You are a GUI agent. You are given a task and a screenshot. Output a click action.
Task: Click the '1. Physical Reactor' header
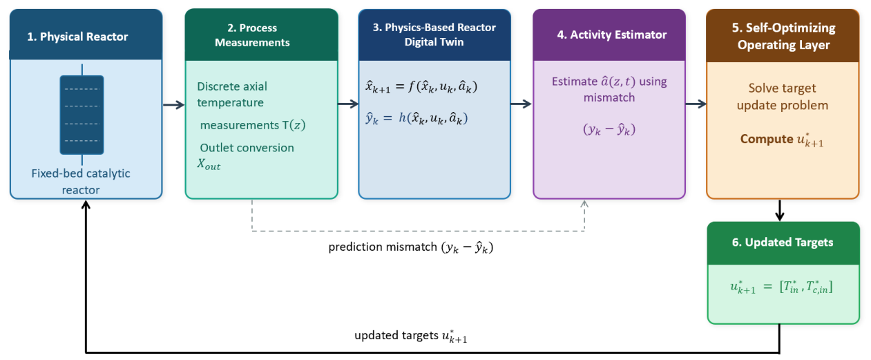click(x=77, y=37)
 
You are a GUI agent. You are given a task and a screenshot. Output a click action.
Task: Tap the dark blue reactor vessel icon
click(x=82, y=115)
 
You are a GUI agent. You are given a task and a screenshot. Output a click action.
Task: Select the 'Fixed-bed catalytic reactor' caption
click(x=81, y=181)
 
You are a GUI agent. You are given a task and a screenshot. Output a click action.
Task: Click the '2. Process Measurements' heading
click(x=252, y=35)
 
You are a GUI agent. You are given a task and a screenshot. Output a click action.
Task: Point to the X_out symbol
click(x=209, y=164)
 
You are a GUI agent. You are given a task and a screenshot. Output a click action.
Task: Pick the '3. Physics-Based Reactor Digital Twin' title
click(x=434, y=35)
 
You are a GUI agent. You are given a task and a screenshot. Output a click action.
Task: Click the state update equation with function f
click(x=421, y=86)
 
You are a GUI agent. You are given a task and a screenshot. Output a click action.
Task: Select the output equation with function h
click(x=417, y=118)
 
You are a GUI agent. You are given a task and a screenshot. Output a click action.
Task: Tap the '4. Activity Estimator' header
click(x=612, y=35)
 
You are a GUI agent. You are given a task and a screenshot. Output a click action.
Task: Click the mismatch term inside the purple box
click(x=609, y=129)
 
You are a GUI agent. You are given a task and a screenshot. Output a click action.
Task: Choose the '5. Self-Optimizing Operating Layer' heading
click(x=783, y=36)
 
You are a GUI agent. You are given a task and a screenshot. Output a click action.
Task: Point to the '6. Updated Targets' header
click(x=783, y=242)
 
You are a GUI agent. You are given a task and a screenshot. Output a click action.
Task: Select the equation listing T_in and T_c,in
click(x=782, y=287)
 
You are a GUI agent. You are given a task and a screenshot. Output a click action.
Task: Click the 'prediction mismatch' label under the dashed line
click(x=383, y=247)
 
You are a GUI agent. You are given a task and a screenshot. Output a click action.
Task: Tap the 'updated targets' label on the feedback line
click(x=396, y=335)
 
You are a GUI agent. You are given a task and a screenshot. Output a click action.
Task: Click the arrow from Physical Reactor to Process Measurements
click(x=173, y=105)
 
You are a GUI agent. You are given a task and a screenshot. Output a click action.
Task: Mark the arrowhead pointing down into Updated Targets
click(x=779, y=216)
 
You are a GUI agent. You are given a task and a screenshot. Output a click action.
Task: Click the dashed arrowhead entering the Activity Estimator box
click(x=584, y=204)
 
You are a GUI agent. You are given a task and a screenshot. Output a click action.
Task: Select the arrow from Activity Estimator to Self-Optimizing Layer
click(x=696, y=104)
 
